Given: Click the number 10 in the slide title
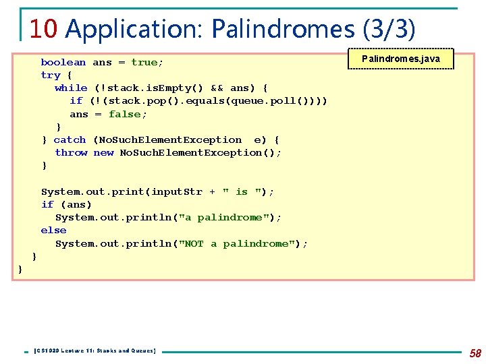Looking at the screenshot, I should pyautogui.click(x=44, y=28).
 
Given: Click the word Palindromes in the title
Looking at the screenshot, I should pyautogui.click(x=283, y=28).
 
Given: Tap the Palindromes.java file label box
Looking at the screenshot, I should pyautogui.click(x=401, y=59).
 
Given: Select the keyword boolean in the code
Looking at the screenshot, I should pyautogui.click(x=63, y=62).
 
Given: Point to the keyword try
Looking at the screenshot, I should pyautogui.click(x=51, y=75).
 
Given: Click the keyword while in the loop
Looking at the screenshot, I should pyautogui.click(x=71, y=88).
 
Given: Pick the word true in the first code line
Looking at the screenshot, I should pyautogui.click(x=144, y=62).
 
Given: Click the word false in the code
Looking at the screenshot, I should pyautogui.click(x=124, y=114).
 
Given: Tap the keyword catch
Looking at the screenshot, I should pyautogui.click(x=70, y=140).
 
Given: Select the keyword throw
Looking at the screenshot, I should pyautogui.click(x=71, y=153).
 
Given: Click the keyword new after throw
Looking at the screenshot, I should pyautogui.click(x=103, y=153).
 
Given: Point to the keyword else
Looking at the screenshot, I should pyautogui.click(x=53, y=231).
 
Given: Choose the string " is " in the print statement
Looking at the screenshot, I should pyautogui.click(x=242, y=192).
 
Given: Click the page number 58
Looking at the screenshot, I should pyautogui.click(x=475, y=353).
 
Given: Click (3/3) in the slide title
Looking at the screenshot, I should pyautogui.click(x=389, y=28).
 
